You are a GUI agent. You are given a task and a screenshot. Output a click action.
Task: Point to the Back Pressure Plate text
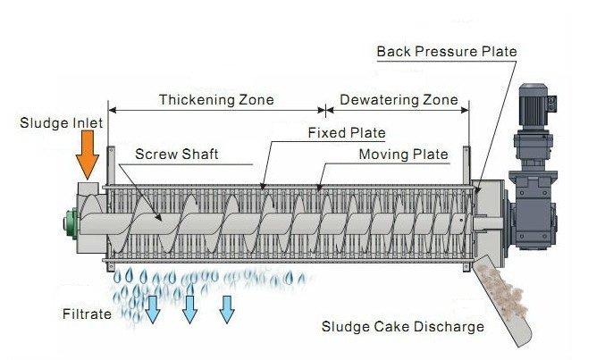click(x=446, y=51)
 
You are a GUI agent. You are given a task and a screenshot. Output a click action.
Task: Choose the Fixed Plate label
click(x=346, y=133)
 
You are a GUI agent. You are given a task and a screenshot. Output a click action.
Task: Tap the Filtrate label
click(x=87, y=314)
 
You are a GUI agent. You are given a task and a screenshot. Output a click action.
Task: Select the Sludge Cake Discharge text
click(x=402, y=326)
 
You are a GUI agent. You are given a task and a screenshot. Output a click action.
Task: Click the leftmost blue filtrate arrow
click(x=153, y=307)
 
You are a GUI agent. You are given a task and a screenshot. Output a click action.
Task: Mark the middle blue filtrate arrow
click(x=189, y=307)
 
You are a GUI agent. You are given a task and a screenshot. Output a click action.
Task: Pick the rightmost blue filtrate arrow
click(x=227, y=307)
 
